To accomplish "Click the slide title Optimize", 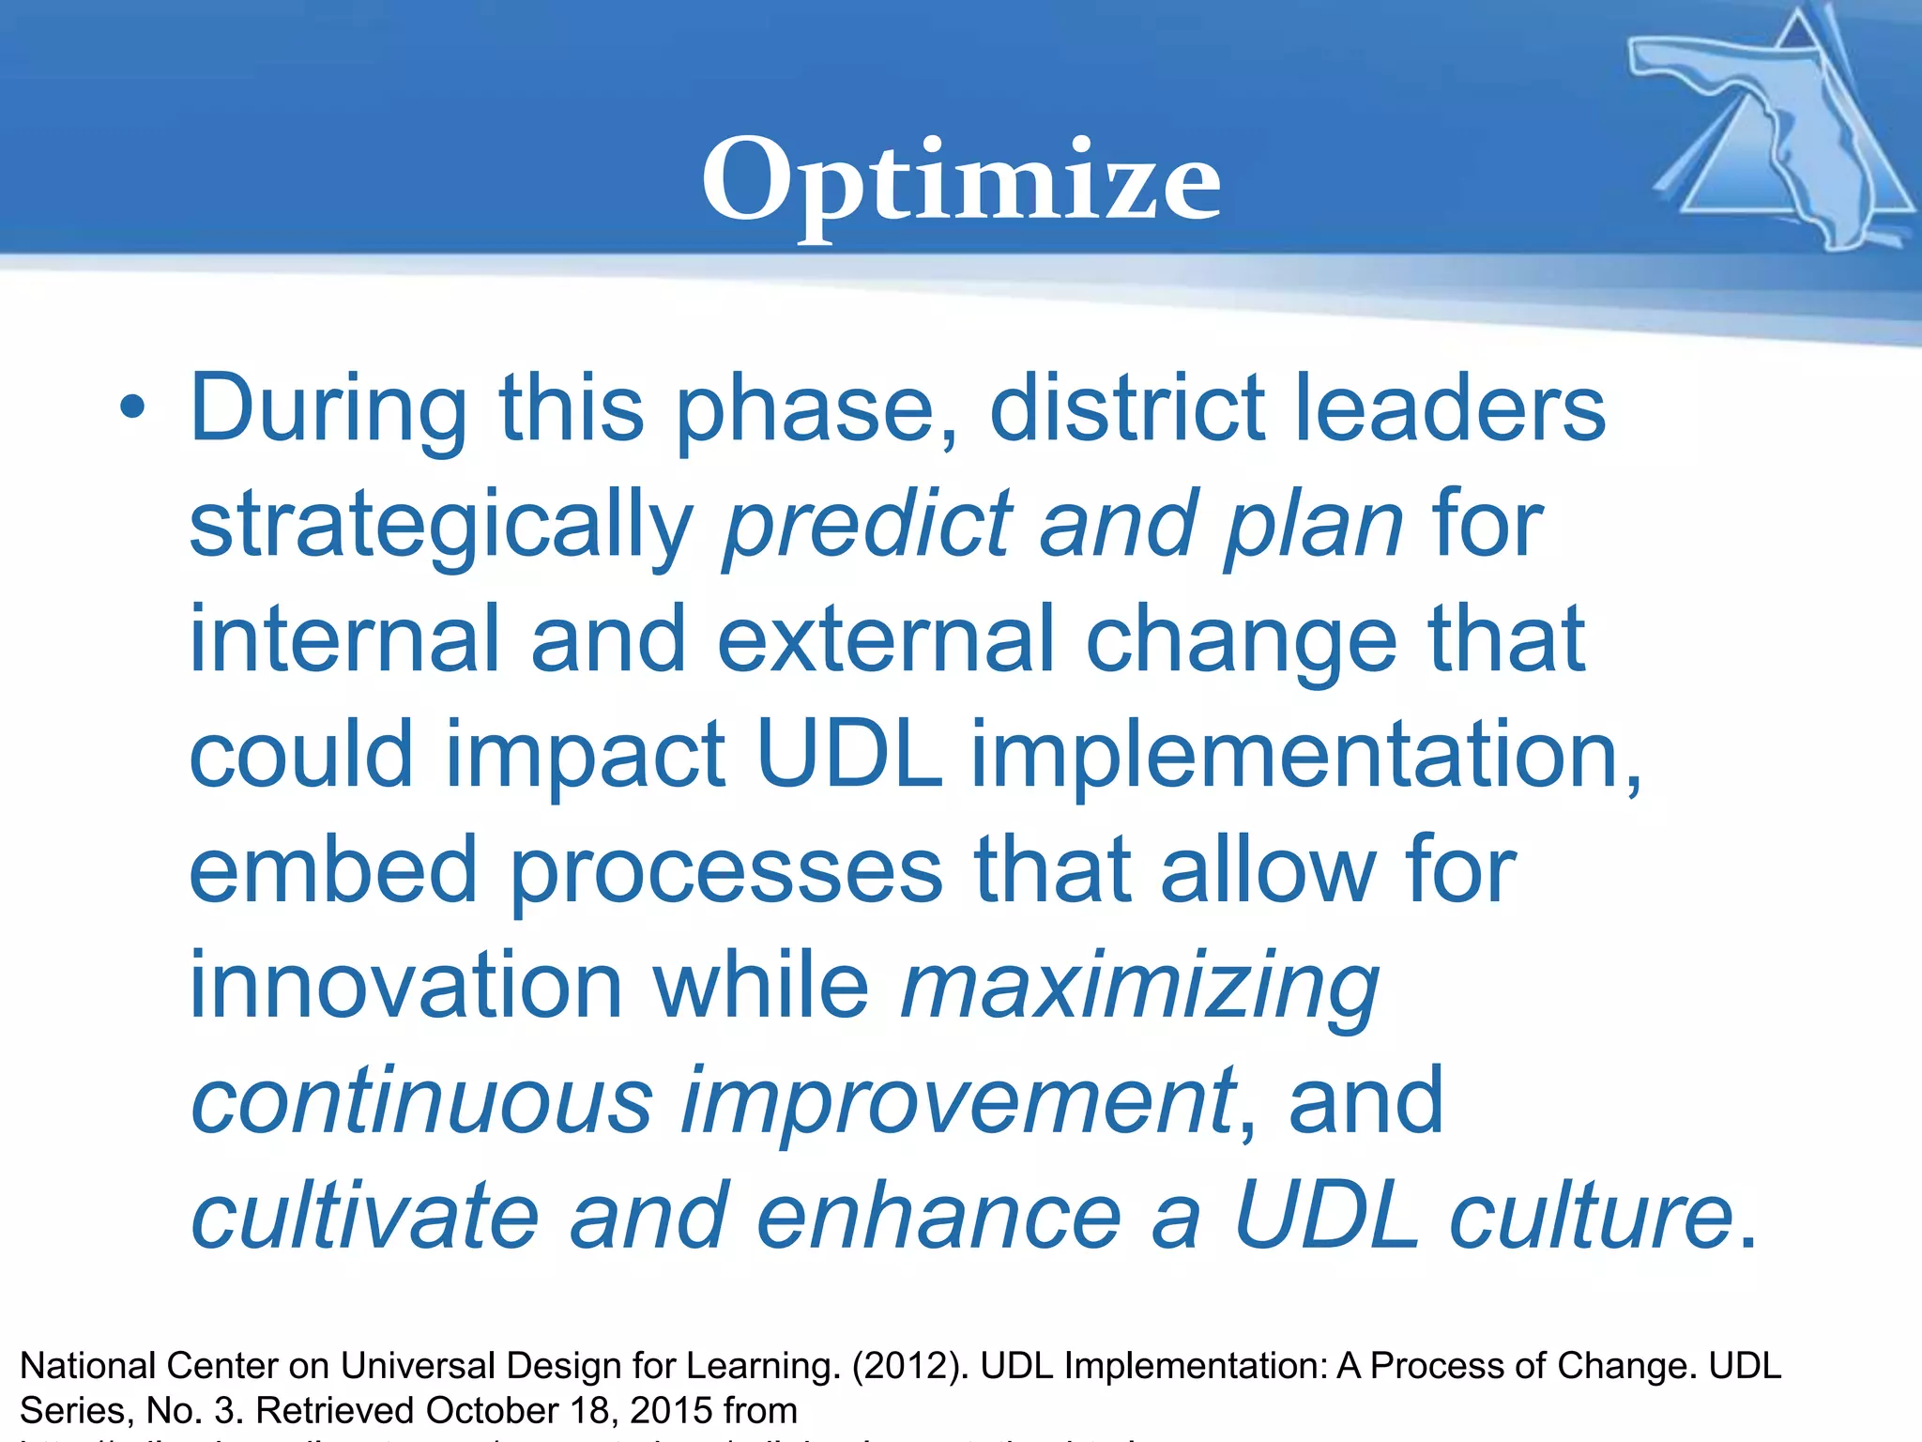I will tap(960, 180).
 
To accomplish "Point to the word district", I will tap(1125, 408).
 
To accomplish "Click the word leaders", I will tap(1450, 408).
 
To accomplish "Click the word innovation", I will tap(405, 986).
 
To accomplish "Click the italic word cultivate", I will tap(364, 1217).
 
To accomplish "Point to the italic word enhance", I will tap(938, 1217).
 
